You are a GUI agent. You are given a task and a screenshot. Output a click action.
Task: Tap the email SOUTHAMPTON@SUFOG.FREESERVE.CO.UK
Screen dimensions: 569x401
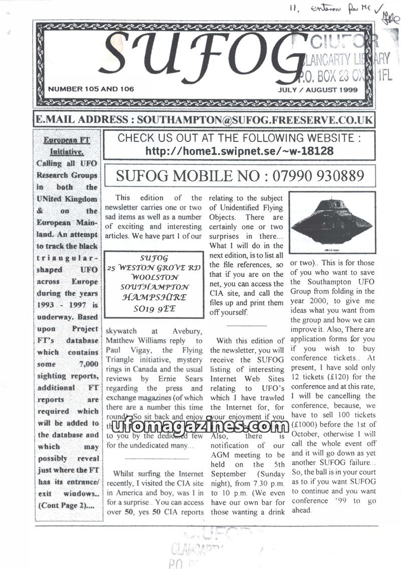click(255, 120)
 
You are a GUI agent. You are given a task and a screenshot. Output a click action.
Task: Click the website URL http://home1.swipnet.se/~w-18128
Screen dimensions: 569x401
click(240, 151)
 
